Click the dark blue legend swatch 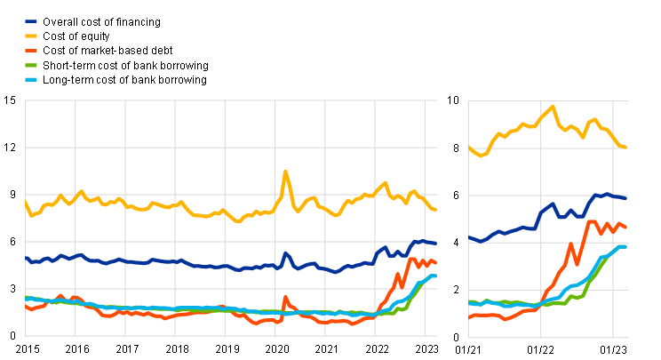click(x=31, y=21)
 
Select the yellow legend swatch click(x=31, y=36)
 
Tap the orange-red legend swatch click(x=31, y=51)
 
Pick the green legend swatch click(x=31, y=65)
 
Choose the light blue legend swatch click(x=31, y=79)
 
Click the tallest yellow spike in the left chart click(x=285, y=171)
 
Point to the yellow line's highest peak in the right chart click(x=553, y=107)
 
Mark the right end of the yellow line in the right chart click(x=626, y=147)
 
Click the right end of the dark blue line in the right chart click(x=626, y=197)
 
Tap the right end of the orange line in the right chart click(x=626, y=228)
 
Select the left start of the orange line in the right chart click(x=470, y=316)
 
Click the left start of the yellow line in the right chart click(x=470, y=148)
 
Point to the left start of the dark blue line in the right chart click(x=470, y=237)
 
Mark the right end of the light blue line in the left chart click(x=435, y=276)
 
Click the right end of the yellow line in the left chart click(x=435, y=210)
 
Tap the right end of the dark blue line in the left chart click(x=435, y=243)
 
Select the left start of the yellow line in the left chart click(x=26, y=203)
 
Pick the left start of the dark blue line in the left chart click(x=26, y=258)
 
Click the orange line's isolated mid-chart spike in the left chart click(x=285, y=297)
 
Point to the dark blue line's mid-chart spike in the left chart click(x=285, y=253)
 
